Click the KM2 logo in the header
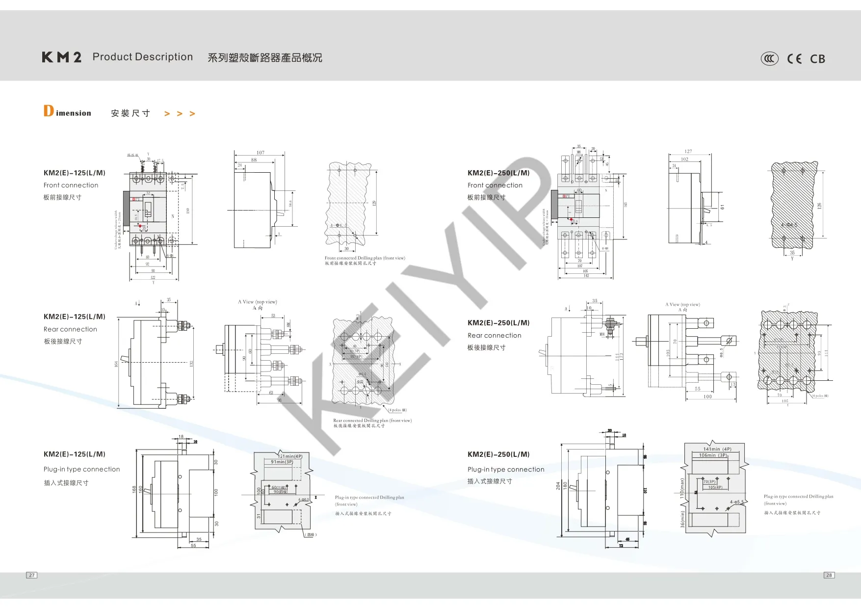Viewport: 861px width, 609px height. click(x=62, y=57)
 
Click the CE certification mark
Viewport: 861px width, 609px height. click(x=794, y=59)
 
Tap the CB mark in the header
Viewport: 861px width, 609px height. click(x=817, y=59)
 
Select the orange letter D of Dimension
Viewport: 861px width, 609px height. click(x=49, y=111)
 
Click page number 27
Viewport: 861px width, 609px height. click(x=31, y=575)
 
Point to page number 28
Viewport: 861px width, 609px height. click(x=829, y=575)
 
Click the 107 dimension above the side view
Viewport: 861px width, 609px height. click(x=261, y=153)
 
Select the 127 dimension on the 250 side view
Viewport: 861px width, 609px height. click(x=688, y=152)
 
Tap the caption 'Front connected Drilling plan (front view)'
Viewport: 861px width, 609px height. click(x=365, y=258)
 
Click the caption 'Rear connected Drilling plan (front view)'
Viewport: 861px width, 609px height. click(x=372, y=421)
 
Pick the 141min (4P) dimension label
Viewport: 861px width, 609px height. click(x=717, y=449)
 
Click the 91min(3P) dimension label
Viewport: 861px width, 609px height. click(x=282, y=462)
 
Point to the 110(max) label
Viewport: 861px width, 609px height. click(x=682, y=489)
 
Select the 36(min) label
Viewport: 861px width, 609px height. click(x=682, y=519)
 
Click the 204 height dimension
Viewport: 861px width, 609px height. click(x=558, y=485)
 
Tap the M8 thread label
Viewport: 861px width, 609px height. click(x=602, y=334)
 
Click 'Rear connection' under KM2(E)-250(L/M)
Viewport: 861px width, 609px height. click(x=494, y=336)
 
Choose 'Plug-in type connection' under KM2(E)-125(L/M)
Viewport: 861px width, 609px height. click(x=81, y=469)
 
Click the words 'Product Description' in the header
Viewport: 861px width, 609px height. click(x=142, y=57)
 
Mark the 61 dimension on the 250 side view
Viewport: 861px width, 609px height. click(x=722, y=207)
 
